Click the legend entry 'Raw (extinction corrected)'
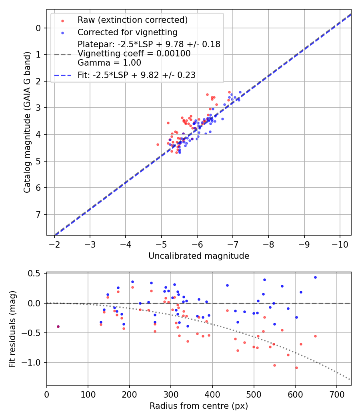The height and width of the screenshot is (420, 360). coord(132,20)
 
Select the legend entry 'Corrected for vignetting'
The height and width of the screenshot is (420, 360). coord(127,32)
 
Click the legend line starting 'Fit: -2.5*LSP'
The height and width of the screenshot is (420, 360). coord(136,75)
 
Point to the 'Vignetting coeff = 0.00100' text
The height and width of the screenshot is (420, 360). coord(134,54)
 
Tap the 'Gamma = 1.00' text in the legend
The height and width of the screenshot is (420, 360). coord(109,63)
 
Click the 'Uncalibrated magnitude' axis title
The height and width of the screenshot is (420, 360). coord(199,256)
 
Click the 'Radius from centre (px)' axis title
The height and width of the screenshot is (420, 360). coord(199,406)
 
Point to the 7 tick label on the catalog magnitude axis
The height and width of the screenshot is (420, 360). coord(38,214)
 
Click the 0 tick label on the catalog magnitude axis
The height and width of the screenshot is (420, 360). coord(38,28)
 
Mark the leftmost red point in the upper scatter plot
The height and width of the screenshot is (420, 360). coord(158,144)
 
